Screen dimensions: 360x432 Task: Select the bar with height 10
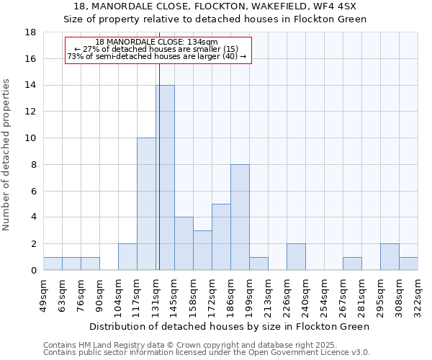pos(146,204)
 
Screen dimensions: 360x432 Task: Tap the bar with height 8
pos(240,217)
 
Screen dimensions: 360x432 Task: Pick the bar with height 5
pos(221,237)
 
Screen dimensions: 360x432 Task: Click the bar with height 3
pos(202,250)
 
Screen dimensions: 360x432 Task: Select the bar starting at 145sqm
pos(184,243)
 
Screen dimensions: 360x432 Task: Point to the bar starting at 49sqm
pos(53,264)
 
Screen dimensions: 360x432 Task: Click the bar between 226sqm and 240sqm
pos(296,257)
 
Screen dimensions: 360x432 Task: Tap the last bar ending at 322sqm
pos(408,264)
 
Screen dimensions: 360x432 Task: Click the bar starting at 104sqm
pos(127,257)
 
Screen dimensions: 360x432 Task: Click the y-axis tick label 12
pos(30,112)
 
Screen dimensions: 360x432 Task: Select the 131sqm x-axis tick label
pos(156,295)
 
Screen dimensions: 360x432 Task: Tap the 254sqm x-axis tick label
pos(325,295)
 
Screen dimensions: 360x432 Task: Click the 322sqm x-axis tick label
pos(418,295)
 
